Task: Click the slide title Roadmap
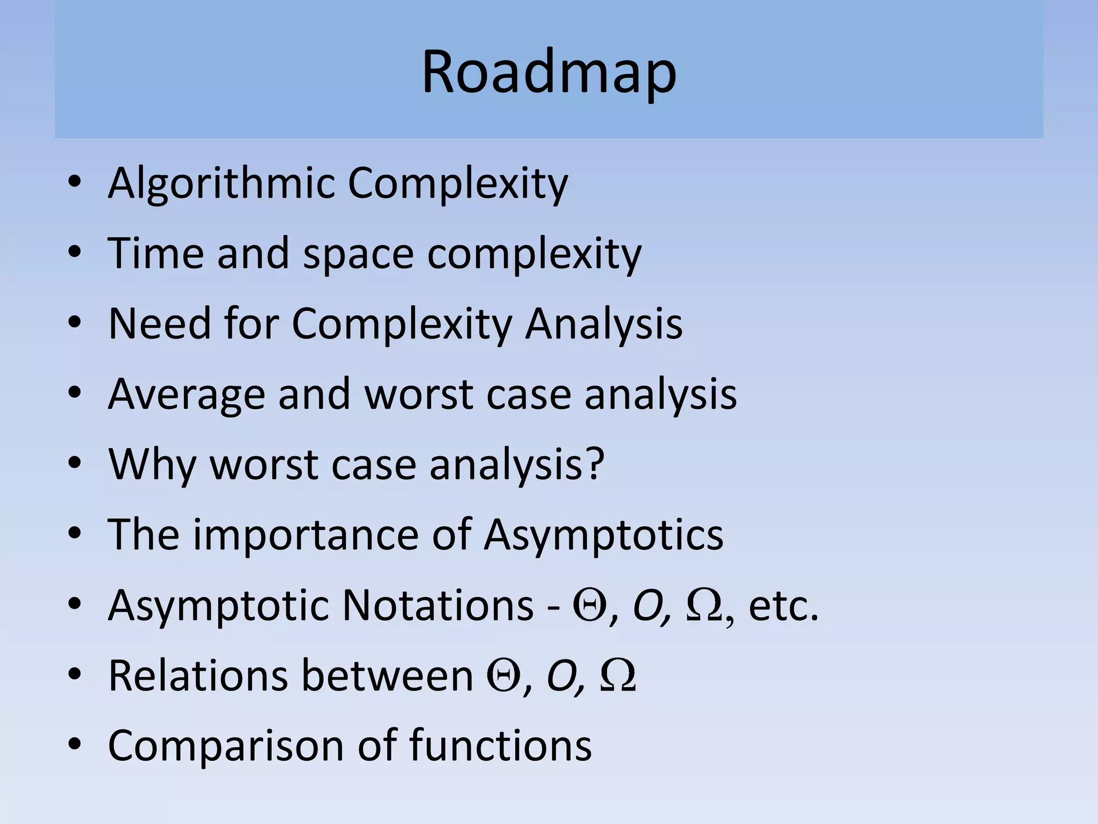(548, 72)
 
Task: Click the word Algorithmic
(220, 184)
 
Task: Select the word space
(358, 254)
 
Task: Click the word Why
(152, 465)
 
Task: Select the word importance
(306, 535)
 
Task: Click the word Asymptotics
(603, 535)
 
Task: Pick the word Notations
(437, 605)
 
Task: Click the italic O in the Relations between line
(561, 676)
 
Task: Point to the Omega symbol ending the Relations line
(618, 676)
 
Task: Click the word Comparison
(226, 746)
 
